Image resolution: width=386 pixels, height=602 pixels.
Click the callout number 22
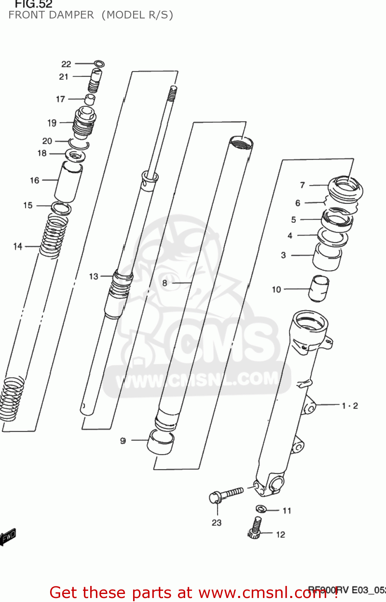66,64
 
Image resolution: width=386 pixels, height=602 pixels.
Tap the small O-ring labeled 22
99,63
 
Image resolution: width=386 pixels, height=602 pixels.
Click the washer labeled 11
261,509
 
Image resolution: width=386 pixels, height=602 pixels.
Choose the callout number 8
165,283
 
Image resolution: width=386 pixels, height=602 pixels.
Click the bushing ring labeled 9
161,441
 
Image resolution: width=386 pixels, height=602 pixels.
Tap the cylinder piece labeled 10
319,288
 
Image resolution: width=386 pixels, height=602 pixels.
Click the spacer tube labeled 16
68,181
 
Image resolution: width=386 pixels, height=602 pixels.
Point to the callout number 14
18,246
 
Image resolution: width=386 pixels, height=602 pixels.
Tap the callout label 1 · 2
350,406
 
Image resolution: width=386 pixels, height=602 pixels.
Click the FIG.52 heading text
34,4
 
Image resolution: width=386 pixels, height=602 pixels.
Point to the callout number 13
93,277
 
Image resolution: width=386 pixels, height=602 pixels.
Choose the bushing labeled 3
327,257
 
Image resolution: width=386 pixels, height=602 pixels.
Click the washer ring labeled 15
61,208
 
